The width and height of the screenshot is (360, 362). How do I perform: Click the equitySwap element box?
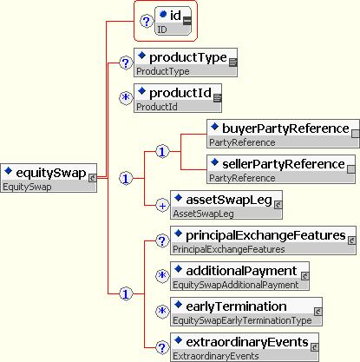pos(49,178)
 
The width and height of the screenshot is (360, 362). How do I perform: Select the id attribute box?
pos(173,21)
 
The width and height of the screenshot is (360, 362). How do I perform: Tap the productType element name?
pos(188,57)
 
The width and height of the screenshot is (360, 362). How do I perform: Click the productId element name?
pos(180,93)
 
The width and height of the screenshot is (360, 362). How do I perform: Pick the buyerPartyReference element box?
pos(283,134)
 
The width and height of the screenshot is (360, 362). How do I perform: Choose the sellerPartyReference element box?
pos(281,169)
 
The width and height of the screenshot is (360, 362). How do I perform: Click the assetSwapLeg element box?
pos(226,205)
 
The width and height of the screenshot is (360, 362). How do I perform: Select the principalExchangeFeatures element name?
pos(265,235)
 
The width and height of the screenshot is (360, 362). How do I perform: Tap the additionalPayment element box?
pos(239,276)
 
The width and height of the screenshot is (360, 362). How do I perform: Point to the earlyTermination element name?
pos(236,306)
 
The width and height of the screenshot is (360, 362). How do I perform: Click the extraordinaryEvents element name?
pos(247,342)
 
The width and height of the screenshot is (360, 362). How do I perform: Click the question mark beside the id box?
pos(147,21)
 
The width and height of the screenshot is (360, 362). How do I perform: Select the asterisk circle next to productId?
pos(126,98)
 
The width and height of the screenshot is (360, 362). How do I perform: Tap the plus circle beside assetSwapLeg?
pos(162,206)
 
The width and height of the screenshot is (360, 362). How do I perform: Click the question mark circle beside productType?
pos(126,63)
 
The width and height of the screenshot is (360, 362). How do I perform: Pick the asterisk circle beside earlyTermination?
pos(162,312)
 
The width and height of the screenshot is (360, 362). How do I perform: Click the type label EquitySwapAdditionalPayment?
pos(236,285)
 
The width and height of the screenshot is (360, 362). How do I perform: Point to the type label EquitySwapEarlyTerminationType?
pos(242,320)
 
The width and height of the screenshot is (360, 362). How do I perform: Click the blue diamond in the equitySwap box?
pos(8,171)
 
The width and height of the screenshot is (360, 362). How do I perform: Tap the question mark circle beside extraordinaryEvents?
pos(162,347)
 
